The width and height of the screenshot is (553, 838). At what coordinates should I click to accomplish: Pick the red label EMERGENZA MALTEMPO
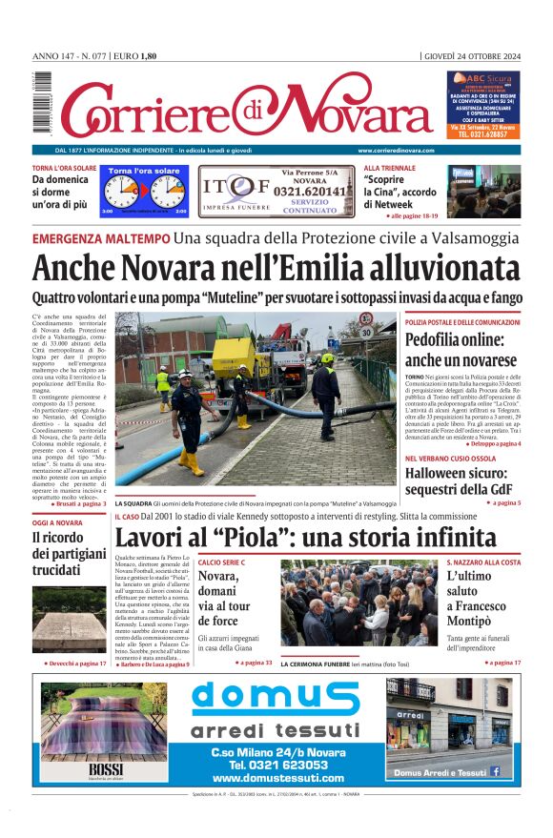click(100, 238)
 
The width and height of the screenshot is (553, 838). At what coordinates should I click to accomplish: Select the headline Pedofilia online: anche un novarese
click(461, 349)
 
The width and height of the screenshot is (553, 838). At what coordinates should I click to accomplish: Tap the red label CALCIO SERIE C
click(221, 562)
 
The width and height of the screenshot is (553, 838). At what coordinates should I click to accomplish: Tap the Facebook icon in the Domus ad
click(495, 771)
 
